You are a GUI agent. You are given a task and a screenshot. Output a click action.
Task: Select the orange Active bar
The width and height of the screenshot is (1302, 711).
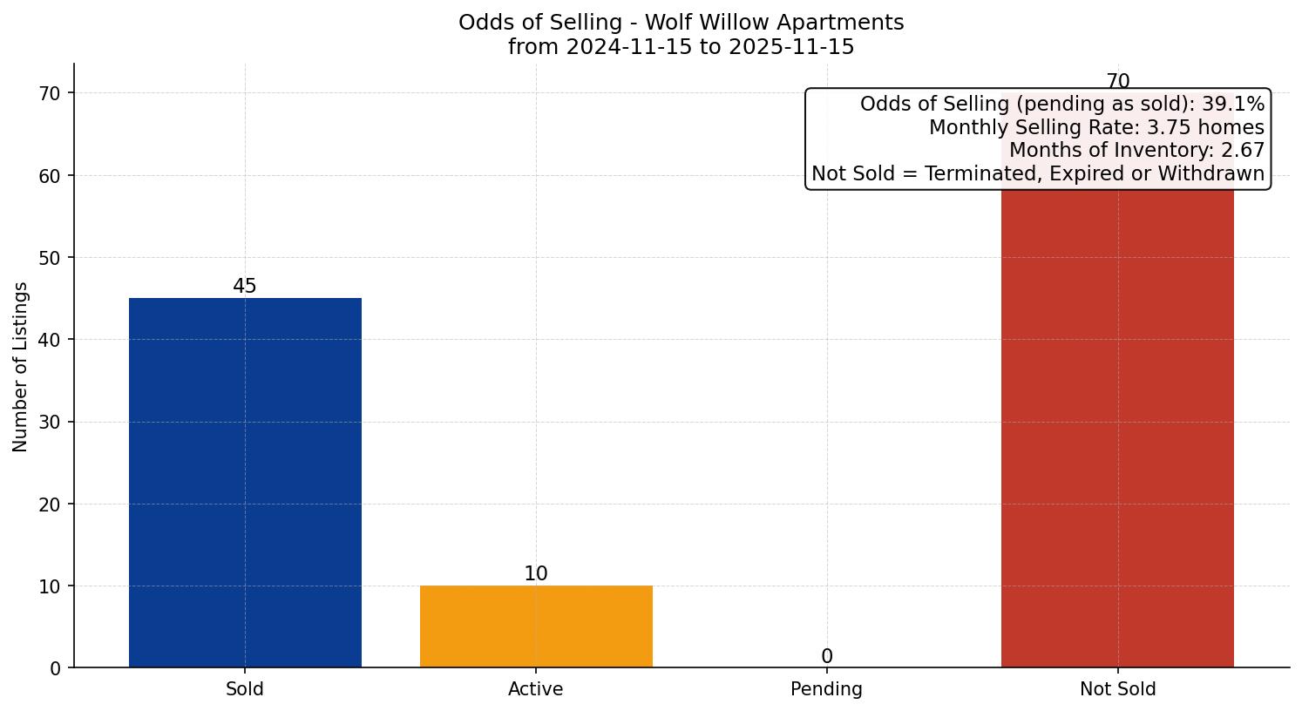[536, 626]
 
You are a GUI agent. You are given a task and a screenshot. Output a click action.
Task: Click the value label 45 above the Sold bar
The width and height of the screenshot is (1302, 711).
[245, 287]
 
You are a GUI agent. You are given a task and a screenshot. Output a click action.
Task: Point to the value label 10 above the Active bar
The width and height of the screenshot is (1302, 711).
[536, 574]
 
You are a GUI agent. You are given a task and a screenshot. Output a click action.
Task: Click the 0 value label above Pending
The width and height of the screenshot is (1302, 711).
[827, 657]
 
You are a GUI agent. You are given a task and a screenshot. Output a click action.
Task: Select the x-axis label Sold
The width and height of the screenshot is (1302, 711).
[245, 689]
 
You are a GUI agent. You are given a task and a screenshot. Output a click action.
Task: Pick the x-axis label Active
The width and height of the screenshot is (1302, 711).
[536, 689]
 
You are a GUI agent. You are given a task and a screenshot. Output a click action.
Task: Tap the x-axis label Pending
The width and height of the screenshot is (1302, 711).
[827, 689]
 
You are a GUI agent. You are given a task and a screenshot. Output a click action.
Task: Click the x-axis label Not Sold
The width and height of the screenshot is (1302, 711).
[1117, 689]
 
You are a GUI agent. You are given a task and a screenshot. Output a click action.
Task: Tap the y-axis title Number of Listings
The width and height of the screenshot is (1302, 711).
[21, 367]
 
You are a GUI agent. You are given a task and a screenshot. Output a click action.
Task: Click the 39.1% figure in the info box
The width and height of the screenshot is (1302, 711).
[1233, 105]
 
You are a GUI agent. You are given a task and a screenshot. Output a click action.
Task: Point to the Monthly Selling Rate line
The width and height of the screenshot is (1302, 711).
[1096, 127]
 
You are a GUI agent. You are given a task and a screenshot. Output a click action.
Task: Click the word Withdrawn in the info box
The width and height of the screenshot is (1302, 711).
[1216, 173]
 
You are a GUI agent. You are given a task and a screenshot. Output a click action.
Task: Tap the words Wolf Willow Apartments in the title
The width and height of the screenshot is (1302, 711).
[774, 23]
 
